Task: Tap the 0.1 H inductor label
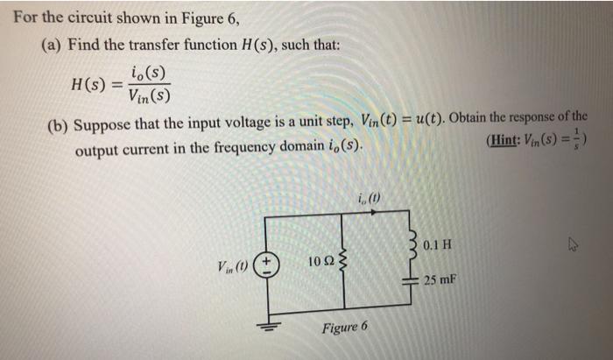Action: click(436, 244)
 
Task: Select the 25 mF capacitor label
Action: click(440, 280)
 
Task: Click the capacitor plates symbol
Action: click(407, 279)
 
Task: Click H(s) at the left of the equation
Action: click(91, 84)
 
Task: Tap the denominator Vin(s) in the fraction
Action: click(149, 95)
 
